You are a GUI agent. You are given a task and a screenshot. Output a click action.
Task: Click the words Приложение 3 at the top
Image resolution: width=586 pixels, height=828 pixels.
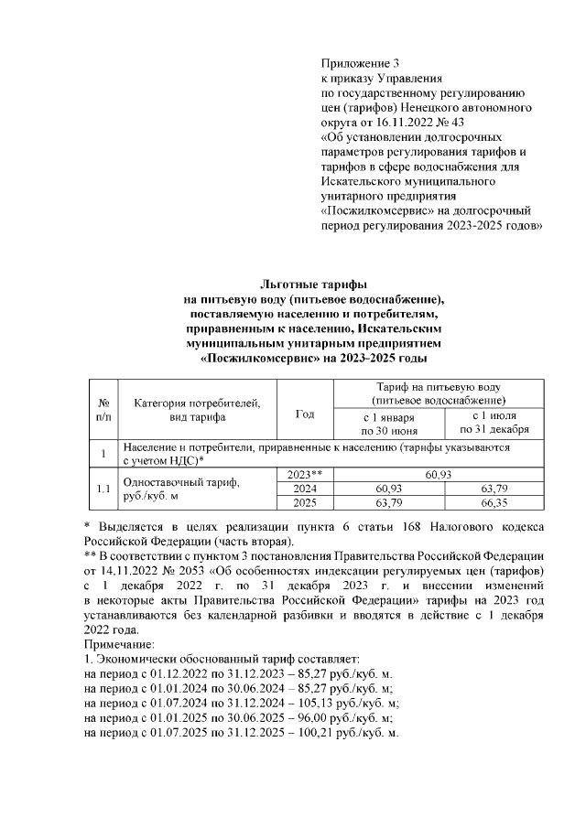(361, 64)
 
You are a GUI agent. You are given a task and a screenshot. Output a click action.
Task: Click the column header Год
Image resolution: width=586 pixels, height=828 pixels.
(304, 414)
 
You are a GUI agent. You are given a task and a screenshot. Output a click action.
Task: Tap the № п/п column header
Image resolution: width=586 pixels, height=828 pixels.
(103, 409)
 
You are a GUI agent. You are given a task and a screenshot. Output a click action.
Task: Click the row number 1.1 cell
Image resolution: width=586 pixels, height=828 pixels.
(103, 489)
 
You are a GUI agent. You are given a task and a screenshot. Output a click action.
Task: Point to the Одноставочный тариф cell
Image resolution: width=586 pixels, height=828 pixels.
(174, 482)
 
